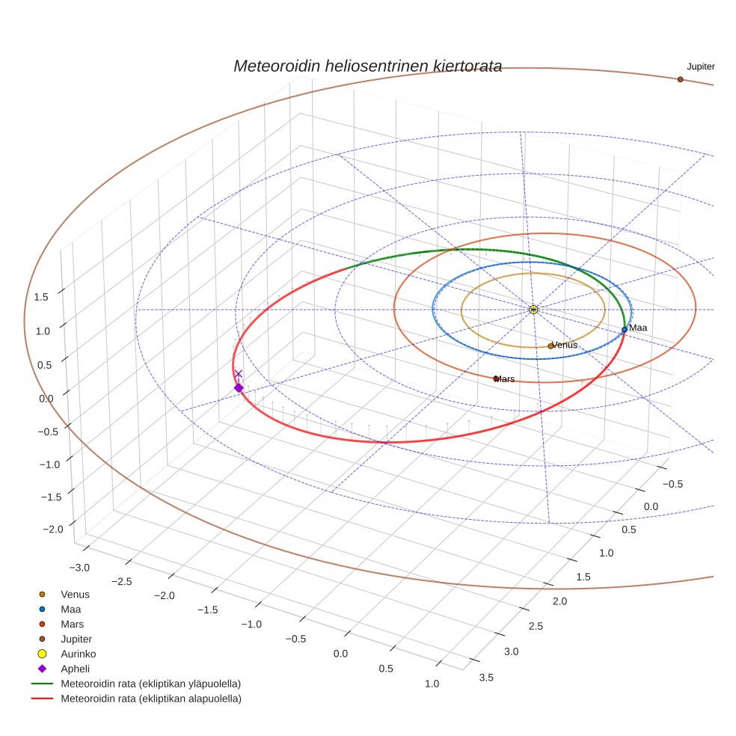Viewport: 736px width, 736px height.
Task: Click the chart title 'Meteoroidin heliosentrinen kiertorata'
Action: (367, 66)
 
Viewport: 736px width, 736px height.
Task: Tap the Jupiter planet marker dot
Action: (680, 79)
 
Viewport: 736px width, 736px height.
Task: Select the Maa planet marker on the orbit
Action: (625, 329)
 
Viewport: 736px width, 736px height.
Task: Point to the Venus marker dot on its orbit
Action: (551, 346)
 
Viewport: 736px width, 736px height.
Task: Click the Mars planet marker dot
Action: (495, 378)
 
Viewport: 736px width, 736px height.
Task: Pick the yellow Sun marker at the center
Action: (533, 310)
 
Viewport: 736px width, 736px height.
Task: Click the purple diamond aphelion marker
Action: (239, 387)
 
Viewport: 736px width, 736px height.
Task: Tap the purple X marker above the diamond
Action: (239, 374)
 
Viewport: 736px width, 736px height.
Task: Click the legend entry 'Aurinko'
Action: (78, 654)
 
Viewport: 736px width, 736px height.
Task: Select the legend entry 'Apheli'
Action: (75, 669)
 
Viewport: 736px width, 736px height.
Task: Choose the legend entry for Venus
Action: (75, 595)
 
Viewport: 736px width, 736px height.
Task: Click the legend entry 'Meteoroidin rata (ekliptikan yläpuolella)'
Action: (150, 684)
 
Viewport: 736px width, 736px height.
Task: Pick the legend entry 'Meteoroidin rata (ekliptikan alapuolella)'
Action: (150, 699)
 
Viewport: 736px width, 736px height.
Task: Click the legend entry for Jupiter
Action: (76, 639)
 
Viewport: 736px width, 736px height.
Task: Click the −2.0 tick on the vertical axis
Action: (52, 530)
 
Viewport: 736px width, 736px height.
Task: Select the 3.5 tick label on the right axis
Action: (485, 678)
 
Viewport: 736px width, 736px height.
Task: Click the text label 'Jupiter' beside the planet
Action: (701, 67)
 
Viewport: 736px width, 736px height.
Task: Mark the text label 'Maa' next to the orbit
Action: (638, 328)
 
